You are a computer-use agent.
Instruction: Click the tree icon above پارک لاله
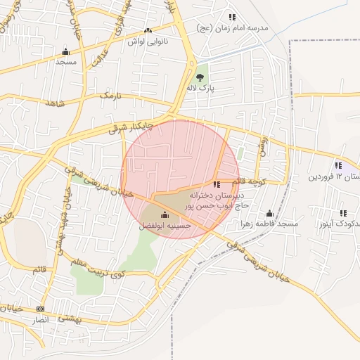(200, 77)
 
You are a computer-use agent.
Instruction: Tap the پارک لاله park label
(200, 89)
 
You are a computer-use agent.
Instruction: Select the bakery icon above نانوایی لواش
(148, 31)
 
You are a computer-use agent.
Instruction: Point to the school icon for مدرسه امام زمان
(232, 17)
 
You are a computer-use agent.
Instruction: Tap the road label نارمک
(110, 94)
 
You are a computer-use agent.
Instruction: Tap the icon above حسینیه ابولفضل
(165, 214)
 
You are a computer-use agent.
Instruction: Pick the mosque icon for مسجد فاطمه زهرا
(269, 214)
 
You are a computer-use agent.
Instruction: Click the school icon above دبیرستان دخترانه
(217, 184)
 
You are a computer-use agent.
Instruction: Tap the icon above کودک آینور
(343, 213)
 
